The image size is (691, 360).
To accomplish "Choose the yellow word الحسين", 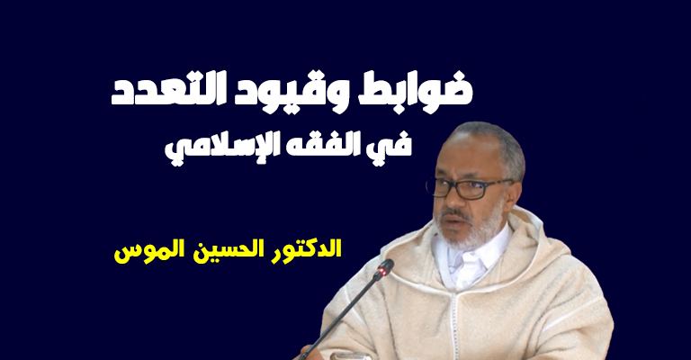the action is pos(221,249).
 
